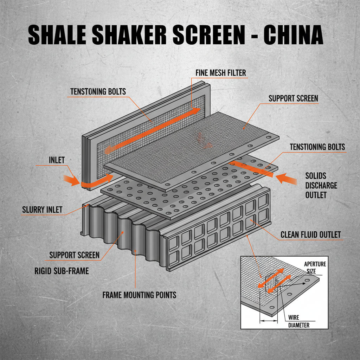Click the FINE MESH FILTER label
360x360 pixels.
click(221, 73)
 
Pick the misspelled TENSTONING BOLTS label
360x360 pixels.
click(98, 91)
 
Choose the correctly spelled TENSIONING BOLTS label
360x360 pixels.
click(317, 147)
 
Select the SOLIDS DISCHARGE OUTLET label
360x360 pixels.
click(321, 185)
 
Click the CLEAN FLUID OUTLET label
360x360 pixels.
click(310, 234)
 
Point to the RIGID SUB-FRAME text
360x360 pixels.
click(62, 271)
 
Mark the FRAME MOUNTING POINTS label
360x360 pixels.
click(139, 295)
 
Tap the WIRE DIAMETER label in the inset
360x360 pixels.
click(298, 321)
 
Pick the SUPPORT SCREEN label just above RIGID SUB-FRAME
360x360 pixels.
click(74, 255)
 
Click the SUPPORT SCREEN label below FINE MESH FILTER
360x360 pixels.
click(293, 98)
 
